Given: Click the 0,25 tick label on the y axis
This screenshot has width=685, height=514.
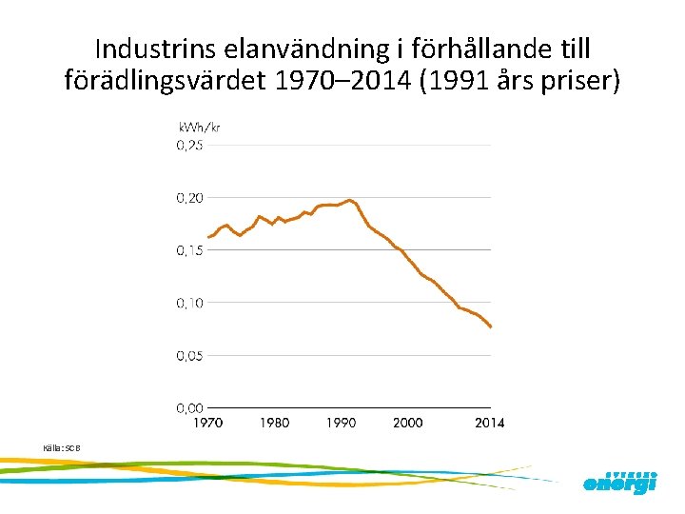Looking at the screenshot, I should click(x=189, y=146).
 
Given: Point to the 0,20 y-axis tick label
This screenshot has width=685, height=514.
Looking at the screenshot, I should click(x=189, y=198).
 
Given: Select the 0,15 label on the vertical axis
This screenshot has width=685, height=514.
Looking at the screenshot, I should click(x=189, y=250).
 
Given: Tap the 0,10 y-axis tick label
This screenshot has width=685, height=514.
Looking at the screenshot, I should click(x=189, y=303).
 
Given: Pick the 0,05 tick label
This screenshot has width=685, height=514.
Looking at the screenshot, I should click(x=189, y=355).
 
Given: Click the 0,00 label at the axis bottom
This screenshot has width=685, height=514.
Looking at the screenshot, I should click(x=189, y=407).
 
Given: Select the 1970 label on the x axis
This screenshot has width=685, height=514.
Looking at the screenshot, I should click(x=206, y=423).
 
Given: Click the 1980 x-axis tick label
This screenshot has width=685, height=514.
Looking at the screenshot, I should click(x=274, y=423).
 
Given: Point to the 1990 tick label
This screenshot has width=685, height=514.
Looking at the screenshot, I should click(x=340, y=423).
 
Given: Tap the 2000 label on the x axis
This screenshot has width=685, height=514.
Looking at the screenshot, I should click(x=407, y=423).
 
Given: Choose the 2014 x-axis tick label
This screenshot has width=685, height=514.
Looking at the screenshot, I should click(x=490, y=423).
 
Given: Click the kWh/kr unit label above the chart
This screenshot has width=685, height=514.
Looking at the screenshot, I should click(x=200, y=128).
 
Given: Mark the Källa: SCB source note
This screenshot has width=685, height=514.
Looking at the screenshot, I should click(x=62, y=447).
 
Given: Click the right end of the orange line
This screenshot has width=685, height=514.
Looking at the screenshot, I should click(x=491, y=327).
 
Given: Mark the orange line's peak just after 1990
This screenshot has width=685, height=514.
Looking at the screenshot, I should click(x=350, y=200).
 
